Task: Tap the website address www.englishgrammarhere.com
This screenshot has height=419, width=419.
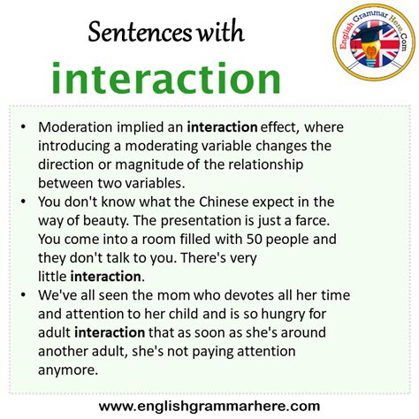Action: click(x=209, y=406)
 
